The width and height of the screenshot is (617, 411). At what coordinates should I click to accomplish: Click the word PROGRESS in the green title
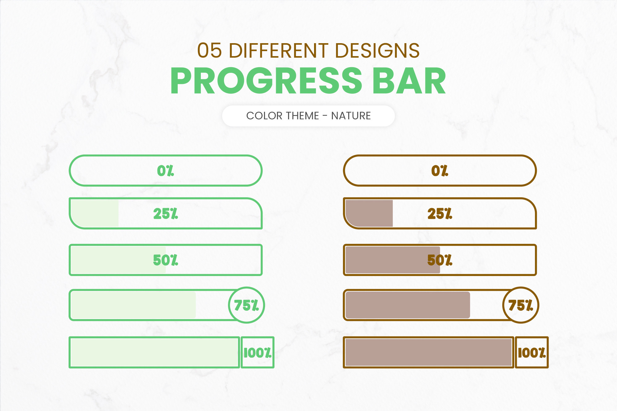click(x=266, y=80)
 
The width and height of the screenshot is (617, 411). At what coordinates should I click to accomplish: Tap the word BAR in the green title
click(x=409, y=81)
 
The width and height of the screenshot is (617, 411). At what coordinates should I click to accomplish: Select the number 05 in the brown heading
click(x=209, y=51)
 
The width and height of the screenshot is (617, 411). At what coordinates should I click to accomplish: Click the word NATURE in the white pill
click(x=351, y=116)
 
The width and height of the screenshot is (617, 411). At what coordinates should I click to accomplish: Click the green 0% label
click(x=165, y=171)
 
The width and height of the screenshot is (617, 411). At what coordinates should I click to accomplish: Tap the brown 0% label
click(x=440, y=171)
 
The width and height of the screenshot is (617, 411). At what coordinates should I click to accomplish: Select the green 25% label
click(x=165, y=213)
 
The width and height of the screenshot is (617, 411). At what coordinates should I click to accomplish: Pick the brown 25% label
click(x=440, y=213)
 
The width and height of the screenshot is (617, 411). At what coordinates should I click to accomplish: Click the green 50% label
click(x=165, y=260)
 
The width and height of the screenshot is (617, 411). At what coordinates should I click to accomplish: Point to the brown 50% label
click(x=440, y=260)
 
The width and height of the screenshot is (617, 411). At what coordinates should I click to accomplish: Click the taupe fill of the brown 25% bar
click(x=369, y=213)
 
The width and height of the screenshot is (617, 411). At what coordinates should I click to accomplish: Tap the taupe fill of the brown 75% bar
click(x=408, y=305)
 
